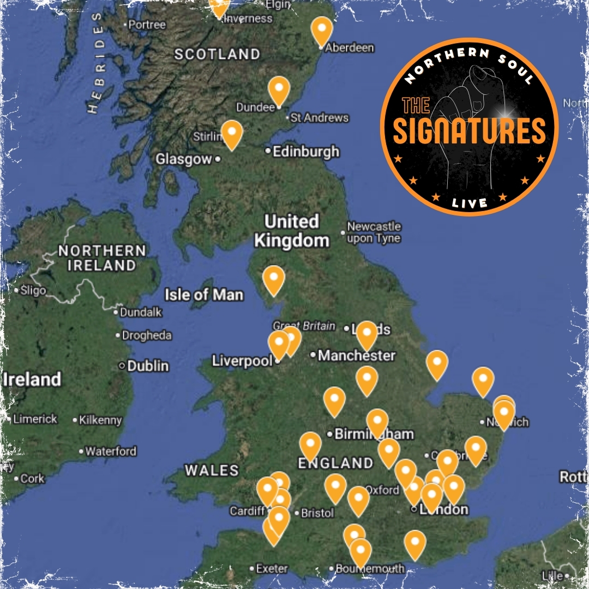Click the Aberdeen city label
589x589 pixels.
coord(350,48)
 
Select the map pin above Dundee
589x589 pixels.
coord(279,90)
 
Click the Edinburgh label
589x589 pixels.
coord(306,152)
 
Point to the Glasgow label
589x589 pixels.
coord(183,159)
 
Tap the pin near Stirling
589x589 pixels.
coord(232,134)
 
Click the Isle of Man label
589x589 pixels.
coord(204,295)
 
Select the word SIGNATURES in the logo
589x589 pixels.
coord(469,131)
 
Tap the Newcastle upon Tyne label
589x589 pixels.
coord(374,232)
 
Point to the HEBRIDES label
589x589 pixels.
coord(97,63)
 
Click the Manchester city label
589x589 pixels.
coord(357,356)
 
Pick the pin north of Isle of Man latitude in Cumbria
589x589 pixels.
coord(274,279)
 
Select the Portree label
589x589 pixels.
coord(147,25)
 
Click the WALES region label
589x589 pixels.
coord(212,470)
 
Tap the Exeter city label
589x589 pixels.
coord(272,568)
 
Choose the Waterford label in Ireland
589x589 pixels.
coord(111,452)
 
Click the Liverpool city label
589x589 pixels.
coord(242,361)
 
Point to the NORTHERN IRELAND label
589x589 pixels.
coord(102,258)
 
